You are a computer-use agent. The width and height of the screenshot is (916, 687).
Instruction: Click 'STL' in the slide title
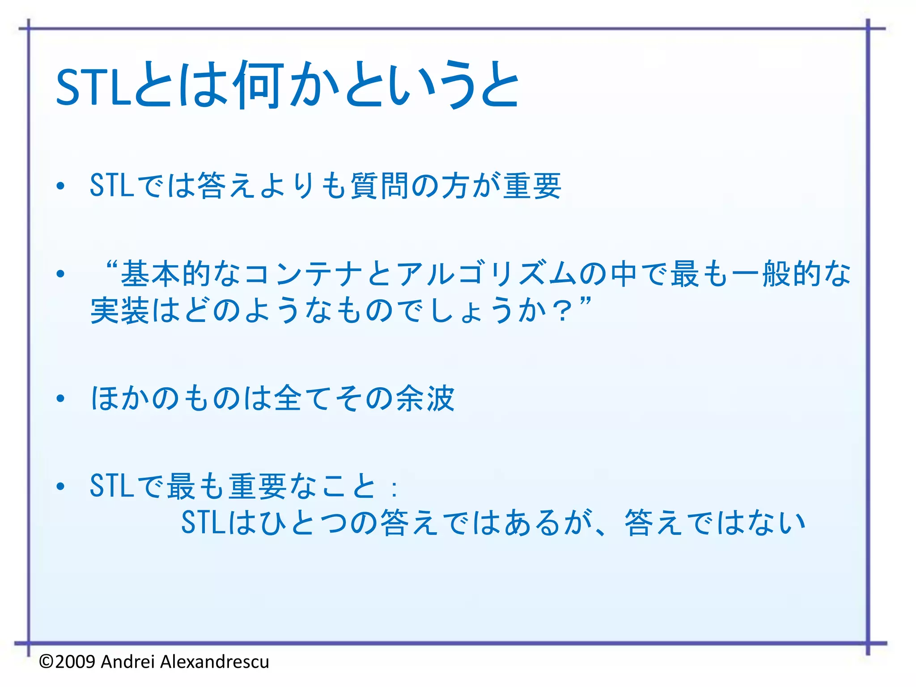[93, 87]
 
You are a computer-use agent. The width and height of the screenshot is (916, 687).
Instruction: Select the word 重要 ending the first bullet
[532, 186]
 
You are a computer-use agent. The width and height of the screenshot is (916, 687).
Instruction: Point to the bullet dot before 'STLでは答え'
[61, 186]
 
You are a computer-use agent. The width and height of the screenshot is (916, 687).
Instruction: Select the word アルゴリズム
[487, 274]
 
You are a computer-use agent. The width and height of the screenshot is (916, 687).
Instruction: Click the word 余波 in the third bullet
[425, 398]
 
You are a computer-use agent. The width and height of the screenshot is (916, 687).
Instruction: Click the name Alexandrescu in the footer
[215, 662]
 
